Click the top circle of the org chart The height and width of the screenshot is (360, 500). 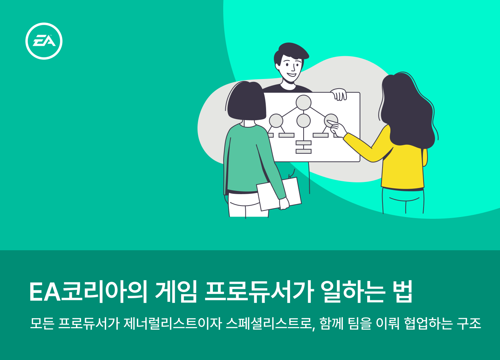[303, 103]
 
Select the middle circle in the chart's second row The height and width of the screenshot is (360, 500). [303, 121]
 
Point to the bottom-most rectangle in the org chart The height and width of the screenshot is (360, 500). [303, 151]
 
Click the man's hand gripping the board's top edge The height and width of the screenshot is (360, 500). [339, 94]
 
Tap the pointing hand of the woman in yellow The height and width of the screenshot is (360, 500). [337, 128]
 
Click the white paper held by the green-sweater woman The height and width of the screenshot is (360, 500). [279, 194]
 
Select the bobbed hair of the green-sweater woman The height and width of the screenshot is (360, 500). [246, 101]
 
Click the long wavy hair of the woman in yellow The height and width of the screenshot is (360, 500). [408, 109]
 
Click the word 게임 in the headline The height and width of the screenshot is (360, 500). [176, 292]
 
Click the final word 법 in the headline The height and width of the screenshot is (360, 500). [402, 292]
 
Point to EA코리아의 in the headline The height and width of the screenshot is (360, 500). [88, 292]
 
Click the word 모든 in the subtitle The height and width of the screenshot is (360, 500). [42, 323]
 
